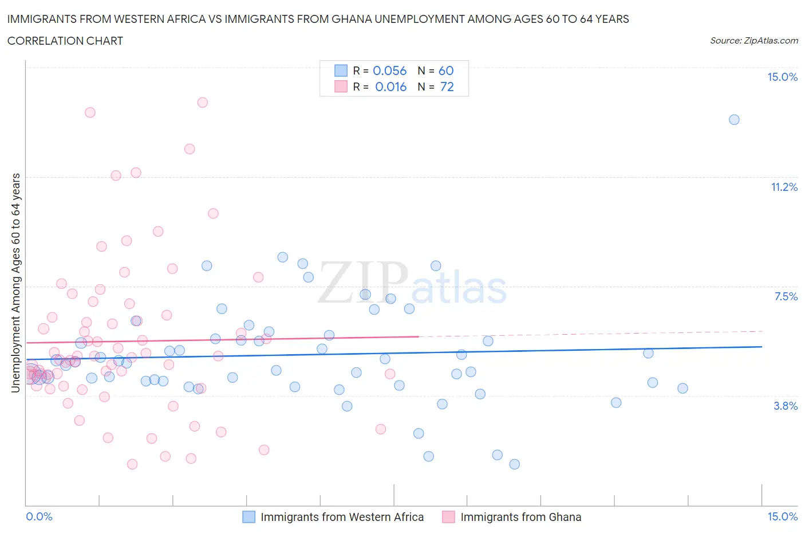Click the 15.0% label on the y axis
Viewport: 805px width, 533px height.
point(782,77)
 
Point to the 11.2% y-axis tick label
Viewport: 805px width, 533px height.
point(784,187)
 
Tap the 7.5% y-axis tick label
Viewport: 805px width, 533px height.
point(786,296)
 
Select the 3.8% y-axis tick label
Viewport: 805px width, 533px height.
point(786,406)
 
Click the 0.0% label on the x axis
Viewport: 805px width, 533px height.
point(40,517)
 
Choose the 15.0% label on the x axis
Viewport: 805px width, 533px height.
point(782,517)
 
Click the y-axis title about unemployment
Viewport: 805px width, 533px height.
point(15,283)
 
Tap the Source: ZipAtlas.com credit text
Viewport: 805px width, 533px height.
point(753,41)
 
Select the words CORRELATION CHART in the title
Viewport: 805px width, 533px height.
point(65,41)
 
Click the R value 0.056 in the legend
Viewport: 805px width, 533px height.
point(389,70)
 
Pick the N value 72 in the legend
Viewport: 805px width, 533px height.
point(447,87)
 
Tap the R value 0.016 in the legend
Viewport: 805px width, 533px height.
point(390,87)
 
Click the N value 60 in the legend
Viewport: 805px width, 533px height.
point(446,70)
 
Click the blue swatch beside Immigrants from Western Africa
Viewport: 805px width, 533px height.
point(248,517)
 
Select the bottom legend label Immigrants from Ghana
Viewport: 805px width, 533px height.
point(520,517)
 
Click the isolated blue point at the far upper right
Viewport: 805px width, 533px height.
point(734,120)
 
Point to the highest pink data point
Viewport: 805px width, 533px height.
point(202,103)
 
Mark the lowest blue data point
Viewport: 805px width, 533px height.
point(514,464)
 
